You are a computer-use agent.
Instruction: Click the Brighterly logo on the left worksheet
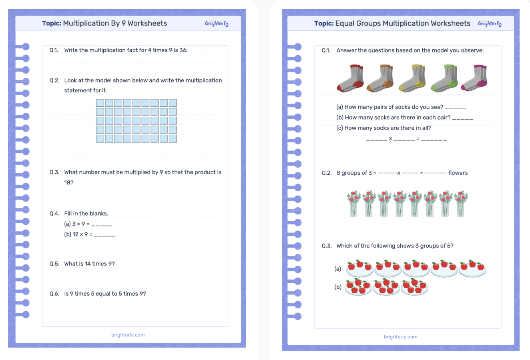[217, 24]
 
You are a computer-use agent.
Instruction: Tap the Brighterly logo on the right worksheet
[489, 24]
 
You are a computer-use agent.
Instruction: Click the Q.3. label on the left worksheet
[54, 172]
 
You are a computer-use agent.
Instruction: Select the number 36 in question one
[183, 50]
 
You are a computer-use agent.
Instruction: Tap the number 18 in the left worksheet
[68, 182]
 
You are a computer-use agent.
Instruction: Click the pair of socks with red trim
[351, 78]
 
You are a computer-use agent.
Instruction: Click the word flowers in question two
[458, 173]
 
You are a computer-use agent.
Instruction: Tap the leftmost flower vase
[353, 204]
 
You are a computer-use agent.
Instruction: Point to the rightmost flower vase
[460, 204]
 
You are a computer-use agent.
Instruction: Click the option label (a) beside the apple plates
[338, 269]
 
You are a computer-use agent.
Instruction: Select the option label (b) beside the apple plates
[338, 287]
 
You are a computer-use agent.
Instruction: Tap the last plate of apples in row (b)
[415, 287]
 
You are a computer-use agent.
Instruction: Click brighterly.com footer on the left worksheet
[128, 335]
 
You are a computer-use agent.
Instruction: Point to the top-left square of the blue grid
[100, 103]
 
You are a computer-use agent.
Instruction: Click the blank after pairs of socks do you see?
[455, 107]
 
